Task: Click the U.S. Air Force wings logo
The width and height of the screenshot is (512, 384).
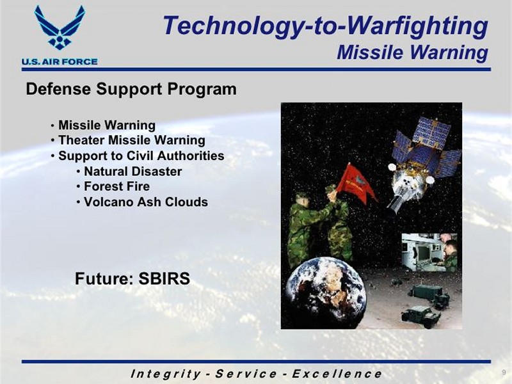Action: coord(60,28)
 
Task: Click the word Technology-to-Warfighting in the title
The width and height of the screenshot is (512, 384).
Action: coord(325,26)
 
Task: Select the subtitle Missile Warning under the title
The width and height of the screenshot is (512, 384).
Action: coord(412,52)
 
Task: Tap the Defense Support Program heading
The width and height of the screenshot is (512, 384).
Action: coord(131,89)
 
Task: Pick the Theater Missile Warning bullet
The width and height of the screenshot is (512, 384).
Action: coord(132,140)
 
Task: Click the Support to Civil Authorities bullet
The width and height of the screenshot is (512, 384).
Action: coord(141,156)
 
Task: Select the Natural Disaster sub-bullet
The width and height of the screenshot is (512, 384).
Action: coord(133,172)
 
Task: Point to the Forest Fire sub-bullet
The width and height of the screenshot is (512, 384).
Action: coord(117,186)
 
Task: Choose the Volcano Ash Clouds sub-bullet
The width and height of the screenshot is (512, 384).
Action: coord(146,202)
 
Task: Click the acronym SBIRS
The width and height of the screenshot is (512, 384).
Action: coord(164,278)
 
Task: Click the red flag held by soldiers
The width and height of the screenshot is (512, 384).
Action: coord(356,183)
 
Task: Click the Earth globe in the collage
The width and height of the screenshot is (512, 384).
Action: coord(326,292)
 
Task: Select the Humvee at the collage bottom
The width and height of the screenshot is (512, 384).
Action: coord(421,313)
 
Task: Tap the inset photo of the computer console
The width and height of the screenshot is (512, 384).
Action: coord(429,252)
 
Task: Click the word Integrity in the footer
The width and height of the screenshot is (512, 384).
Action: coord(166,374)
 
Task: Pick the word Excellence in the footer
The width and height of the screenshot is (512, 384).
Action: coord(337,374)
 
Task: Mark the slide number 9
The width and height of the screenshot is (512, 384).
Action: coord(504,372)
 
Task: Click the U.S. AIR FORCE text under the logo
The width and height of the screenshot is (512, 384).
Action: coord(60,61)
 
